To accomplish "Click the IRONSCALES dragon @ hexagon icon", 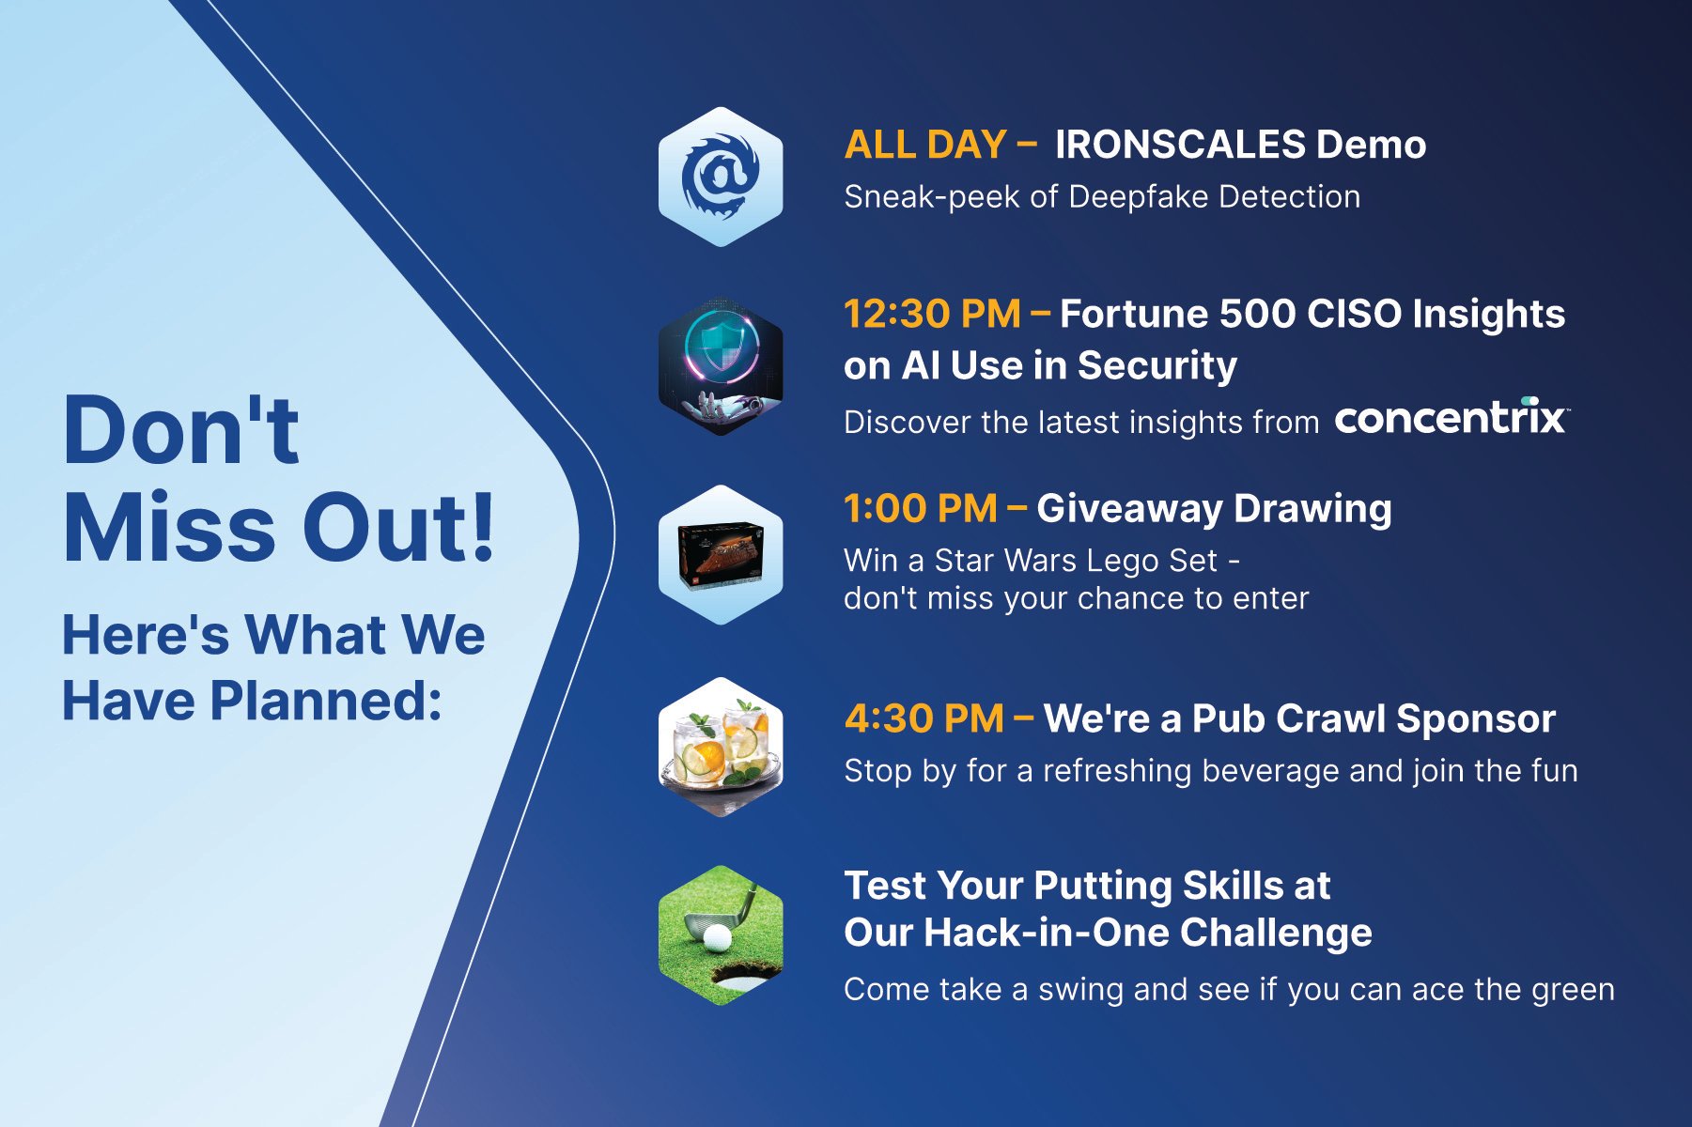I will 721,177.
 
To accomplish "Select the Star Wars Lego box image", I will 721,555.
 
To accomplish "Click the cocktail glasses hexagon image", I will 721,748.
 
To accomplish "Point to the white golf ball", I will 717,937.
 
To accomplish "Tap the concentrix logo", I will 1451,418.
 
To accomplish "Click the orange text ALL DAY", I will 925,145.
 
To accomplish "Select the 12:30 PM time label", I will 932,314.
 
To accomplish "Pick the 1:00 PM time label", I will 920,508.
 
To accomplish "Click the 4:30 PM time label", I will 924,718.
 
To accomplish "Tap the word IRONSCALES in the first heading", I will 1180,145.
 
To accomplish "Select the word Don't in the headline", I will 180,430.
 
